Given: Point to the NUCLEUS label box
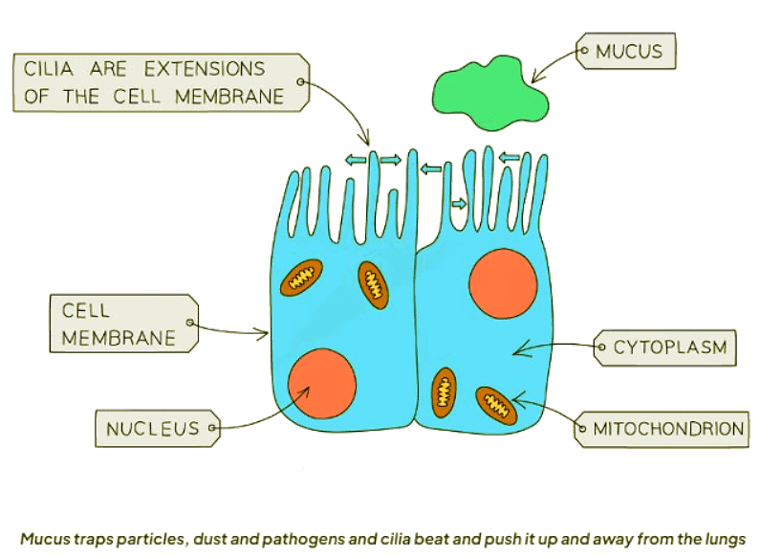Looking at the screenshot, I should click(153, 428).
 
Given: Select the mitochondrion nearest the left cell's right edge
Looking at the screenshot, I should click(373, 284).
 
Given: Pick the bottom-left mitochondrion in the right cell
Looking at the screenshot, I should click(445, 391).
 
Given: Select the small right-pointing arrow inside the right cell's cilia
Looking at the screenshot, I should click(460, 204).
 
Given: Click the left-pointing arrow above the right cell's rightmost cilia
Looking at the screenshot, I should click(509, 156).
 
